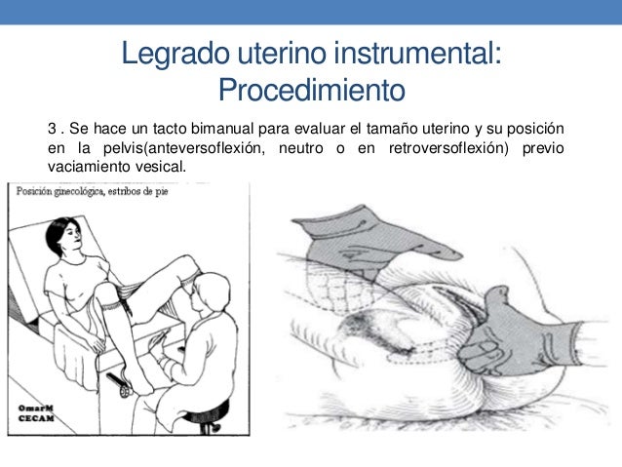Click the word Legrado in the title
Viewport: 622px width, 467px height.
[175, 55]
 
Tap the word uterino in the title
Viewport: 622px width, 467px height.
[283, 53]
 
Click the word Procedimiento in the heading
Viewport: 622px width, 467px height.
[312, 90]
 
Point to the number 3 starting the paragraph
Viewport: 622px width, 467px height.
[52, 129]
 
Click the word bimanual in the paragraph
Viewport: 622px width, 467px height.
[222, 129]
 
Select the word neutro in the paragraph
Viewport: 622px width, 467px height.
[300, 148]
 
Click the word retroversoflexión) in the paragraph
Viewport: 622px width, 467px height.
[448, 148]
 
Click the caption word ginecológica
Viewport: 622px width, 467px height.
[79, 192]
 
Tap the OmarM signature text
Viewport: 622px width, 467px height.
[35, 409]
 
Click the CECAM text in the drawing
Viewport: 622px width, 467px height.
[36, 418]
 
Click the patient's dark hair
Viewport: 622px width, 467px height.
[57, 234]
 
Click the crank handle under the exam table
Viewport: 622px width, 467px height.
[120, 384]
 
